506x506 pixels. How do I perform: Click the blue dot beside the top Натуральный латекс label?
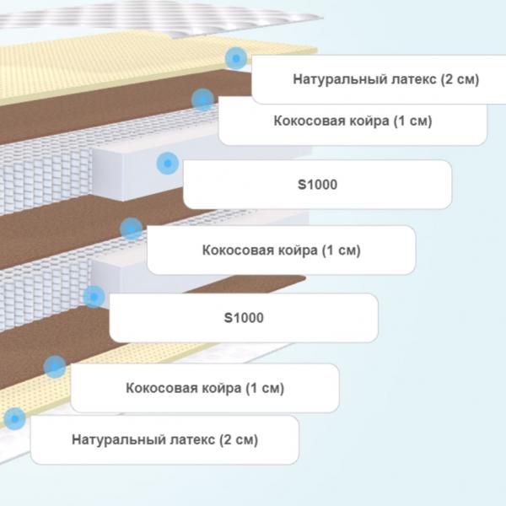click(236, 58)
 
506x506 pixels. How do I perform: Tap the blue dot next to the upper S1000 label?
click(168, 164)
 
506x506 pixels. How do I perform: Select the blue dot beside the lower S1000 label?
click(94, 297)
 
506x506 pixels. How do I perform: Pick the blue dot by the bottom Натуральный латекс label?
click(14, 418)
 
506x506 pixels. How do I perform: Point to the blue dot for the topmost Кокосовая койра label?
click(202, 100)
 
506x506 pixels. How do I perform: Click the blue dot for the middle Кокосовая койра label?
click(131, 229)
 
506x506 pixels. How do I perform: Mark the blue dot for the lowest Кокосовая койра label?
click(55, 367)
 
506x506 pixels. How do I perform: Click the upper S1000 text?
click(318, 185)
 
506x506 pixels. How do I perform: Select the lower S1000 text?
click(244, 318)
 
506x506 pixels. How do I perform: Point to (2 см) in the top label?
click(460, 79)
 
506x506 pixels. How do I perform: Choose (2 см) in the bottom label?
click(239, 439)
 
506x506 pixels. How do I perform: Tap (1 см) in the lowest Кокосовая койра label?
click(265, 388)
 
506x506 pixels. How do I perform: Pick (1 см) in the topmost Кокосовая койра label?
click(412, 121)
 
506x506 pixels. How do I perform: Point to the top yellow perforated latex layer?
click(129, 65)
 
